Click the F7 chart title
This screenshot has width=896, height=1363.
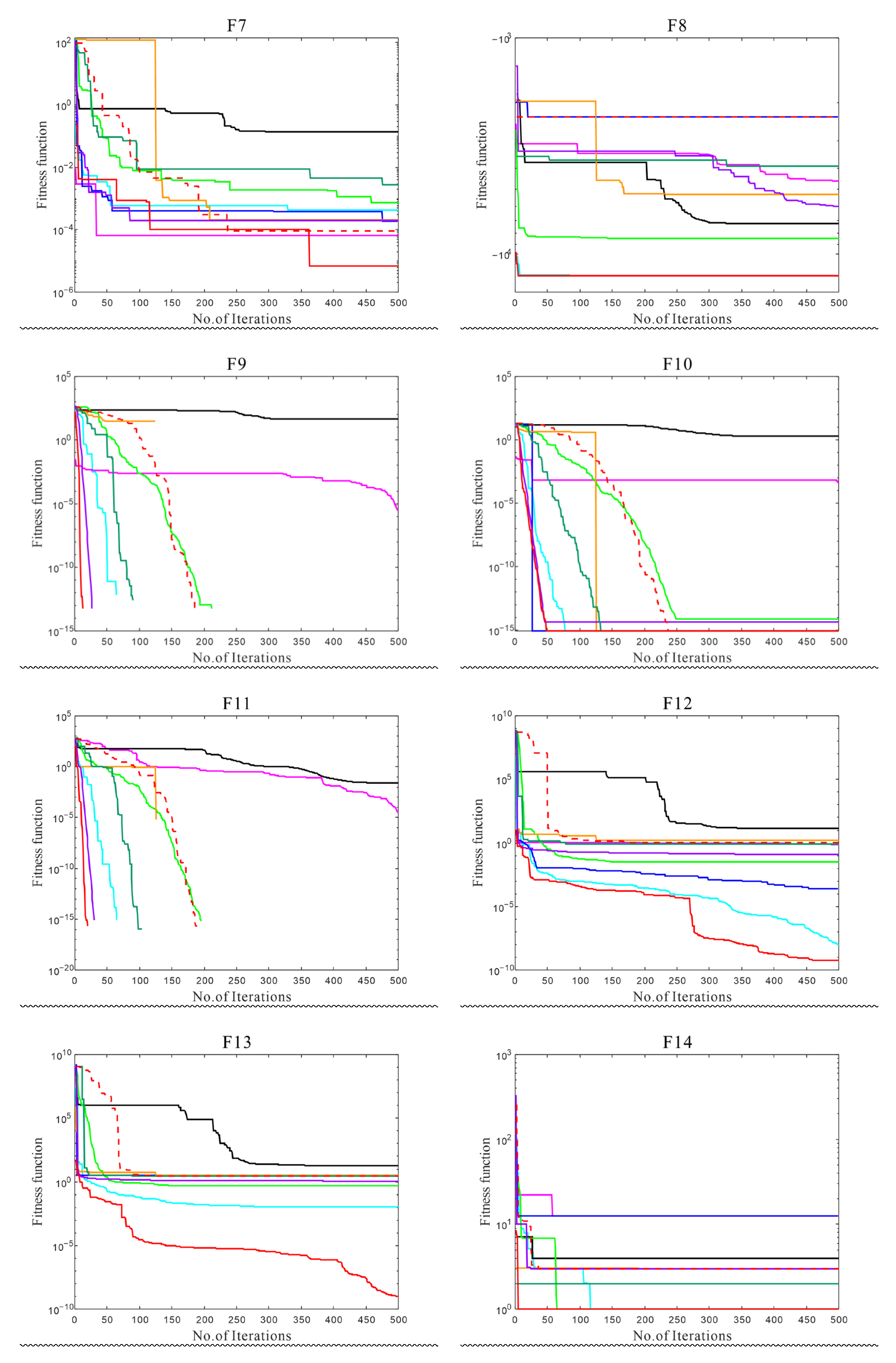coord(236,26)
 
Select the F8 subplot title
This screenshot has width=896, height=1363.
coord(677,26)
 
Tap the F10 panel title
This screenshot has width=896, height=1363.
coord(677,364)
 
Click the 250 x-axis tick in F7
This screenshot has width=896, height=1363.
coord(236,303)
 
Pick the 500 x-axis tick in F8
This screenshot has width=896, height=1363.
coord(838,303)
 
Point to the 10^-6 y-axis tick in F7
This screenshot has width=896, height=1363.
coord(63,293)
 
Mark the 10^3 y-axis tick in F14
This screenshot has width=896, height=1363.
coord(503,1055)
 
